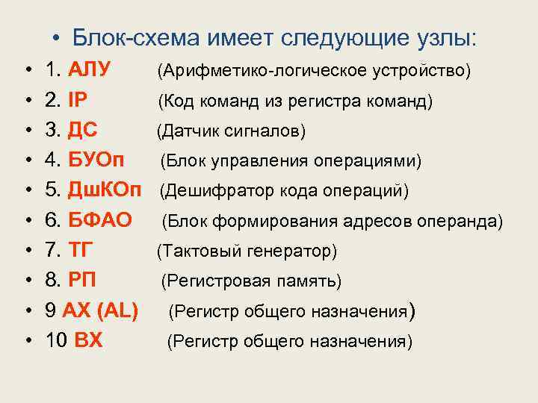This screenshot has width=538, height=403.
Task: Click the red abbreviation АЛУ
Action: tap(89, 70)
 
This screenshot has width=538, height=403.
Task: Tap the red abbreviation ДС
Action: tap(83, 131)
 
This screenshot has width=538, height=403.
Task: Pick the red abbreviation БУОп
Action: tap(96, 160)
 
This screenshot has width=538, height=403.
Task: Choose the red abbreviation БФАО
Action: tap(99, 221)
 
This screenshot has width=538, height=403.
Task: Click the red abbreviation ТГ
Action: tap(80, 251)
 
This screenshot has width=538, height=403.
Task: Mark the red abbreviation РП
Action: tap(81, 281)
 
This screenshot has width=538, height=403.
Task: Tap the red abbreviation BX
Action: tap(89, 341)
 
